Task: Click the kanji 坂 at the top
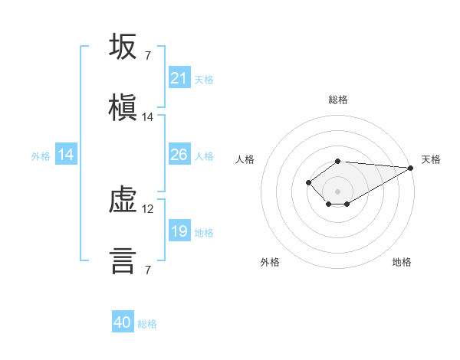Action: click(123, 46)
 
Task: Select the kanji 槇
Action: click(123, 107)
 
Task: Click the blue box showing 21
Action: click(179, 77)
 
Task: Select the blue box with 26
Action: click(179, 154)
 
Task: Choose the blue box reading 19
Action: click(179, 230)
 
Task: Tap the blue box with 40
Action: click(123, 321)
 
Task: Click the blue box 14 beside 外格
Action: click(66, 154)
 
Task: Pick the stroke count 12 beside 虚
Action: click(147, 209)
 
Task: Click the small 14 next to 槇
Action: click(147, 117)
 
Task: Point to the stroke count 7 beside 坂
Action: click(148, 56)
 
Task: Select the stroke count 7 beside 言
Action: click(148, 270)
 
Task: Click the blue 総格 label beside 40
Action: click(147, 324)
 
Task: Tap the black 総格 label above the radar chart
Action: click(338, 100)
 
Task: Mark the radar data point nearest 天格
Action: click(411, 168)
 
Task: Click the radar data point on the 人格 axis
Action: click(308, 182)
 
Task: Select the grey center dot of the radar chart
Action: click(337, 191)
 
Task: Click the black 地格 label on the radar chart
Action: click(402, 262)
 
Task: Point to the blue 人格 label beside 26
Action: click(204, 156)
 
